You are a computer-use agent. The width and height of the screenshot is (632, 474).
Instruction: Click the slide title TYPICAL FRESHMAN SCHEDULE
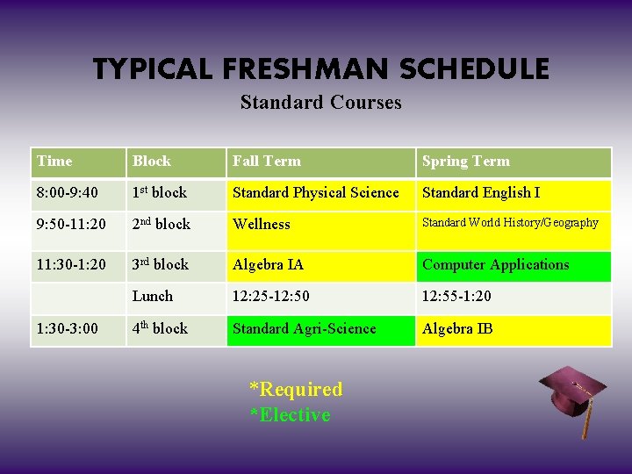point(320,68)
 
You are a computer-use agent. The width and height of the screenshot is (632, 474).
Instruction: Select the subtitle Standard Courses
point(320,103)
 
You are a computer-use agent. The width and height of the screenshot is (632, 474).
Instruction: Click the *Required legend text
point(296,389)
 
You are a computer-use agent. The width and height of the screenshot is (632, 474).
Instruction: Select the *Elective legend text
point(290,415)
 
